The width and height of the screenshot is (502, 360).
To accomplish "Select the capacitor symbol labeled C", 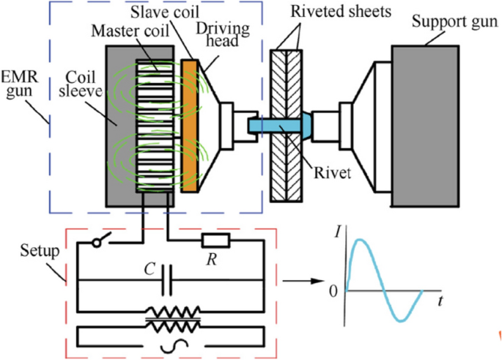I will (x=168, y=279).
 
